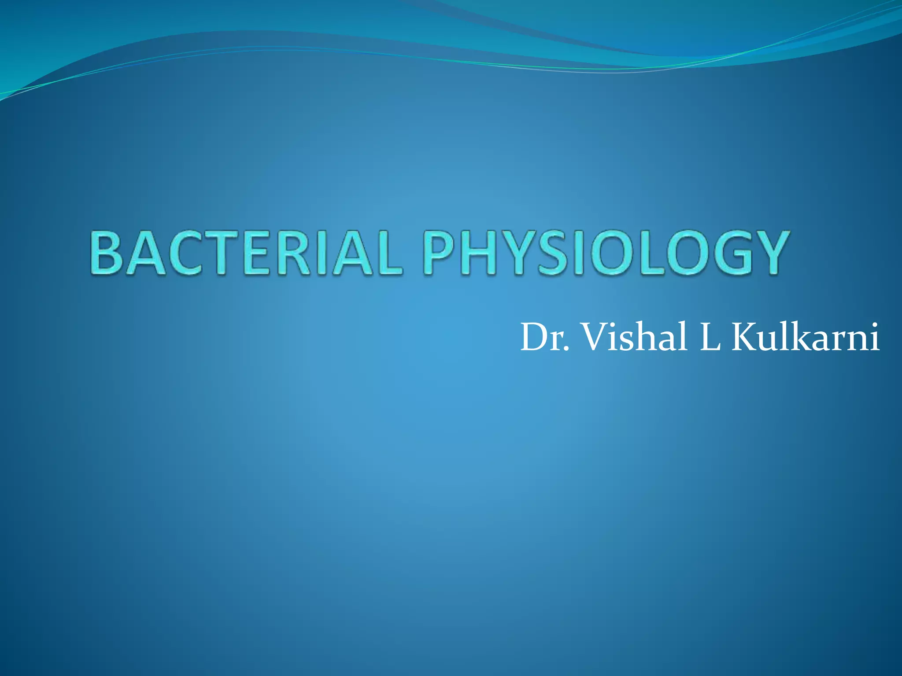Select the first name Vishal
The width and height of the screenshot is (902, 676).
(x=634, y=337)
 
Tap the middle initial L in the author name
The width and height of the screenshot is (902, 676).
(x=710, y=338)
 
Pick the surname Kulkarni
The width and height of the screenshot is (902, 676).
(x=806, y=337)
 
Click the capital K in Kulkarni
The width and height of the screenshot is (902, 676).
(x=746, y=338)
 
